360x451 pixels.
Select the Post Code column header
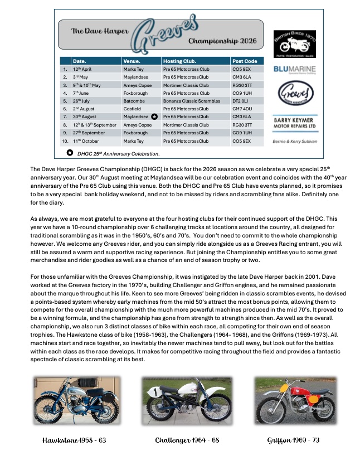coord(245,61)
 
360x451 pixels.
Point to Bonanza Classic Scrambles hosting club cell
coord(191,101)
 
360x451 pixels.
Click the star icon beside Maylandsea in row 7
coord(154,117)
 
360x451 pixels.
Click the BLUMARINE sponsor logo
coord(295,70)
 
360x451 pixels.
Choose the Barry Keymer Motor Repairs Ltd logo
coord(295,122)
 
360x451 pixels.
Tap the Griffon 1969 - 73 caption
coord(293,440)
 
